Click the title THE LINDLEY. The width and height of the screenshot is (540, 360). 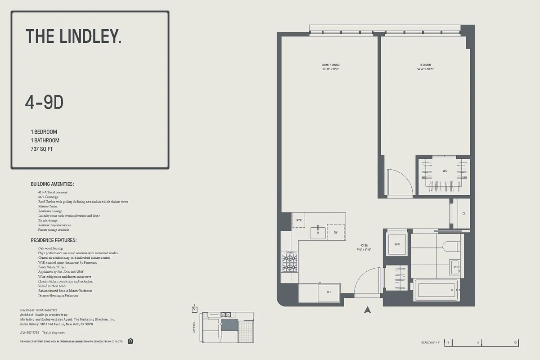pos(73,36)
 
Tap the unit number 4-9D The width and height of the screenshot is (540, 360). pos(44,103)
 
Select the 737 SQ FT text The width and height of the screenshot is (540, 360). pos(42,149)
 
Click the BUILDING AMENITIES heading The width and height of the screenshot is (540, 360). pos(52,184)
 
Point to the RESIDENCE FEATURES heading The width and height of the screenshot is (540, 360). pos(54,241)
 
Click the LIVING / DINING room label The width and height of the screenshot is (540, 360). pos(330,65)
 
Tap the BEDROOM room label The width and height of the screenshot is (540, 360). pos(425,65)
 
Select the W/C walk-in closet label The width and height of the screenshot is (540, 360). pos(445,171)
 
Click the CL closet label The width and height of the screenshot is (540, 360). pos(463,213)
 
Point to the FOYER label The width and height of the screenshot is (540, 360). pos(364,246)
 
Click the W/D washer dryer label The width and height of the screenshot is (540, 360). pos(397,244)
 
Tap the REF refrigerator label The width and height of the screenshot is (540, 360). pos(328,292)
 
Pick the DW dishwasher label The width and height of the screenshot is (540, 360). pos(335,232)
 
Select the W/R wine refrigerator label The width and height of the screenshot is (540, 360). pos(299,220)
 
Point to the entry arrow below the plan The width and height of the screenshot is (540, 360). pos(368,310)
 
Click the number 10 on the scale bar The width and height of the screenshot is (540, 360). pos(515,343)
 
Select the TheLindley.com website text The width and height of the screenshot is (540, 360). pos(54,333)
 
